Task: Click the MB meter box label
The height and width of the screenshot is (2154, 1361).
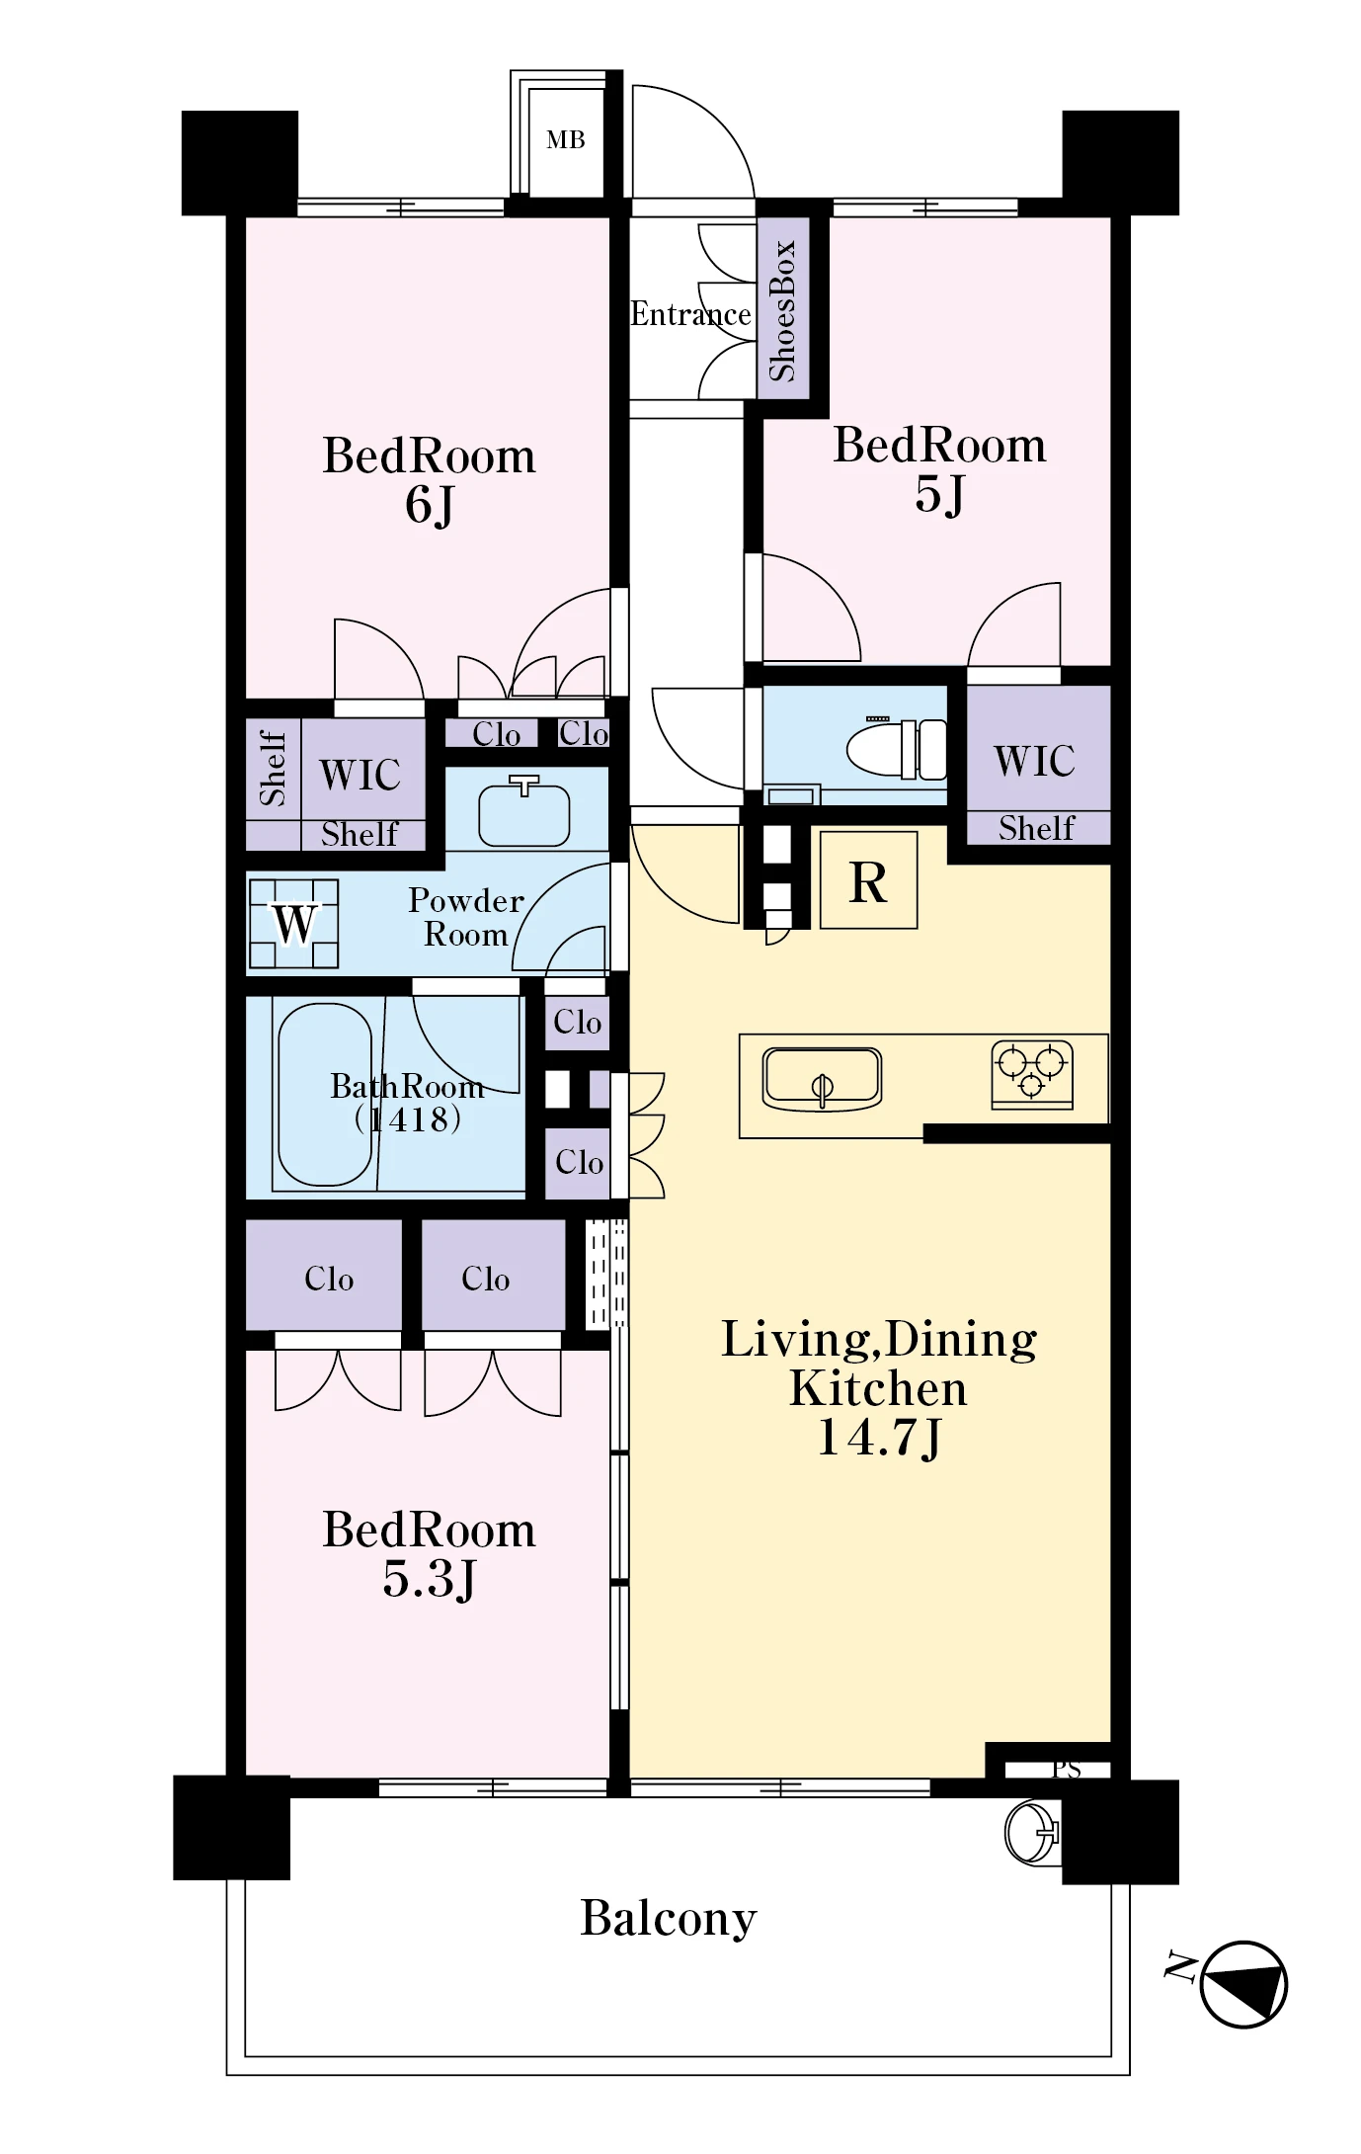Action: pyautogui.click(x=566, y=140)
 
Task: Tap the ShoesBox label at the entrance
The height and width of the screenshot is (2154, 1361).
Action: pyautogui.click(x=782, y=310)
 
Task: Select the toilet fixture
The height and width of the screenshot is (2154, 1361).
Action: pyautogui.click(x=897, y=748)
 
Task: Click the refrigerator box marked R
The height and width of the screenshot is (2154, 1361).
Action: pyautogui.click(x=868, y=879)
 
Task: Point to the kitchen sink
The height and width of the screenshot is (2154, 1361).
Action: pyautogui.click(x=822, y=1078)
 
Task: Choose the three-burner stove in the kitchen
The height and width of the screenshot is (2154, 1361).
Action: pyautogui.click(x=1032, y=1074)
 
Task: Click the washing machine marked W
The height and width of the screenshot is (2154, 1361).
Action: pyautogui.click(x=293, y=924)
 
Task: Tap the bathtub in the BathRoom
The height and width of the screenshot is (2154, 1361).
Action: pyautogui.click(x=325, y=1095)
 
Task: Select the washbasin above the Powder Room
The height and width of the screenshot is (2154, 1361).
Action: pyautogui.click(x=524, y=813)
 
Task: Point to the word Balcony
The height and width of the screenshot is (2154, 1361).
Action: pyautogui.click(x=669, y=1919)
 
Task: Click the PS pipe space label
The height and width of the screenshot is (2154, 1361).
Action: pyautogui.click(x=1066, y=1769)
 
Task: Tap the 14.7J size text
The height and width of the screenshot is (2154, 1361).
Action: pyautogui.click(x=879, y=1438)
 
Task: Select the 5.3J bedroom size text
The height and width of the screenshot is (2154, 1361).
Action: pyautogui.click(x=430, y=1578)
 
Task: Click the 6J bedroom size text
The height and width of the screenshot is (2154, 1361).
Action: pyautogui.click(x=430, y=504)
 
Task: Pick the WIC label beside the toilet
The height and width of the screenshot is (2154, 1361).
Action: pyautogui.click(x=1034, y=761)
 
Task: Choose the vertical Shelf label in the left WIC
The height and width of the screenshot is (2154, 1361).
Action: pyautogui.click(x=273, y=769)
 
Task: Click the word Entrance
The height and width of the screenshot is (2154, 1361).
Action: pyautogui.click(x=690, y=314)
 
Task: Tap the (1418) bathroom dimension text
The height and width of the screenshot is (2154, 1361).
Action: pyautogui.click(x=408, y=1119)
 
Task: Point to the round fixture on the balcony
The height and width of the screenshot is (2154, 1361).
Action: pyautogui.click(x=1031, y=1833)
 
